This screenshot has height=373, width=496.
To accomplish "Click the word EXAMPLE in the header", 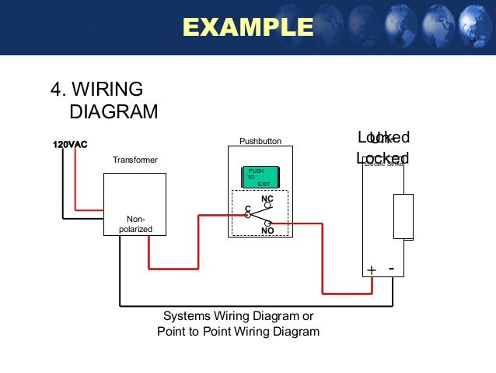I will tap(247, 27).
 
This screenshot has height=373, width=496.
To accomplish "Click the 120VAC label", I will tap(70, 144).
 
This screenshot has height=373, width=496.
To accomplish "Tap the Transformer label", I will tap(134, 160).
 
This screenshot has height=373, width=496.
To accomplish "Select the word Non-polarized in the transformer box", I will tap(135, 224).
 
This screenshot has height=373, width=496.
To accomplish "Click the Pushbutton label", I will tap(260, 142).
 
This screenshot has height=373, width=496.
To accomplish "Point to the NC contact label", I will tap(267, 199).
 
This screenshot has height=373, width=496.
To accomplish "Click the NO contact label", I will tap(267, 231).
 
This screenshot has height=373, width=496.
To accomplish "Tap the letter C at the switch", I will tap(247, 209).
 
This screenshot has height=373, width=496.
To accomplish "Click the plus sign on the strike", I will tap(372, 270).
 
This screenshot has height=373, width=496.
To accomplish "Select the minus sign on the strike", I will tap(391, 269).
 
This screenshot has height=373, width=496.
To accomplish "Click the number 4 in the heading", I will tap(56, 90).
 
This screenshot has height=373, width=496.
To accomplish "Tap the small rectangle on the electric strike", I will tap(403, 216).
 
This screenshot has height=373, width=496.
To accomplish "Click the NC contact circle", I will tap(267, 206).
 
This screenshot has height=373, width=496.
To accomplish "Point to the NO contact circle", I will tap(267, 223).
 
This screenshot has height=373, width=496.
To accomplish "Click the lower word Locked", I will tap(382, 157).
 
